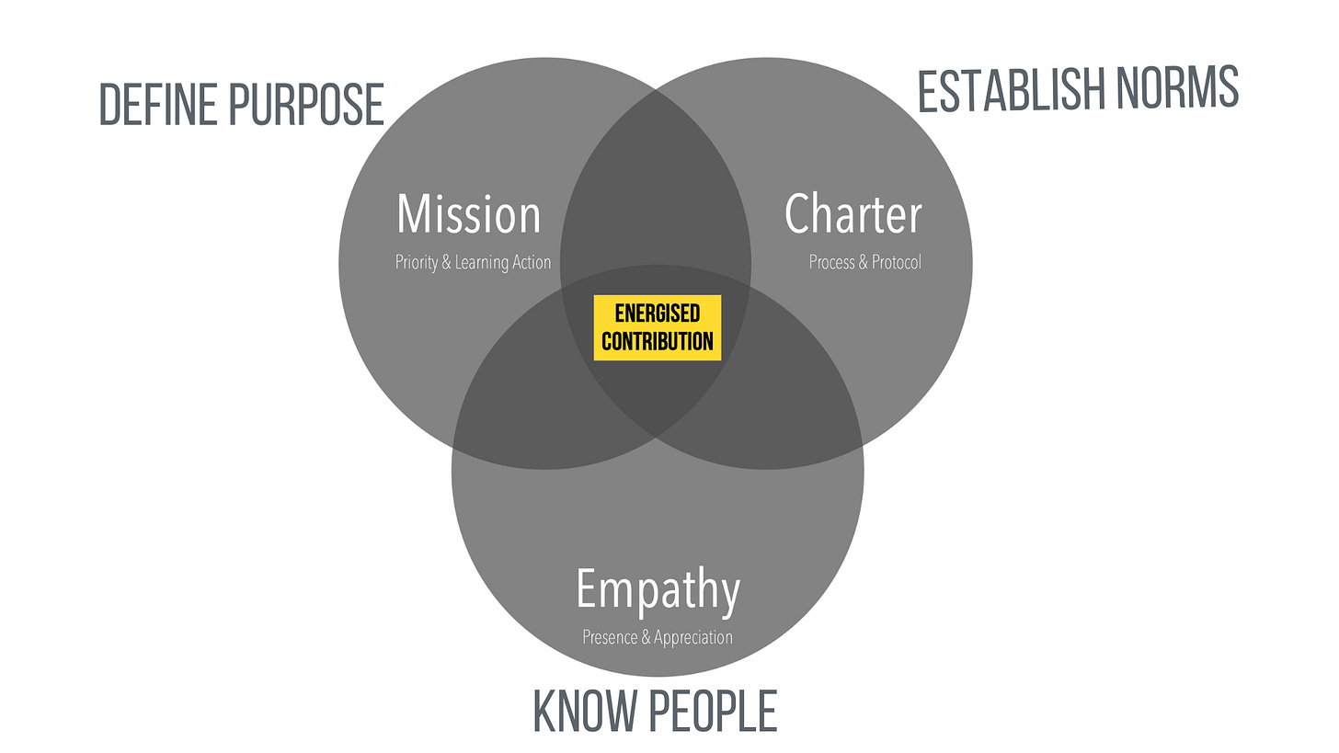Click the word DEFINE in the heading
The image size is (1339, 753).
pyautogui.click(x=158, y=104)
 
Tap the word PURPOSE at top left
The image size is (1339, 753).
pyautogui.click(x=306, y=104)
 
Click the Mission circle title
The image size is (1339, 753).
pyautogui.click(x=469, y=214)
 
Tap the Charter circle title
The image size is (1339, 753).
pyautogui.click(x=853, y=214)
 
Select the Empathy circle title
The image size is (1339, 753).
pyautogui.click(x=658, y=590)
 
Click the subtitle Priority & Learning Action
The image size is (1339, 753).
pyautogui.click(x=473, y=263)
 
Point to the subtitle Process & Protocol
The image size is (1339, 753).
pyautogui.click(x=864, y=263)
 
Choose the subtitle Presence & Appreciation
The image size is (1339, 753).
pyautogui.click(x=658, y=637)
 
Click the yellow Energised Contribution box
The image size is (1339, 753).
pyautogui.click(x=658, y=328)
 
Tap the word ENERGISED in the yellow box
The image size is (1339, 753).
pyautogui.click(x=658, y=314)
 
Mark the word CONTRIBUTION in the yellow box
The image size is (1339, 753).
pyautogui.click(x=658, y=341)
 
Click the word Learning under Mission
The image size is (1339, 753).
pyautogui.click(x=483, y=263)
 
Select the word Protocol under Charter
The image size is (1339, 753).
pyautogui.click(x=897, y=263)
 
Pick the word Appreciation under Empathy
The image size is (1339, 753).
pyautogui.click(x=693, y=637)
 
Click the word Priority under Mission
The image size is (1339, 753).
pyautogui.click(x=417, y=263)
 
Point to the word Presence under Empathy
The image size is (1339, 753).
pyautogui.click(x=611, y=637)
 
